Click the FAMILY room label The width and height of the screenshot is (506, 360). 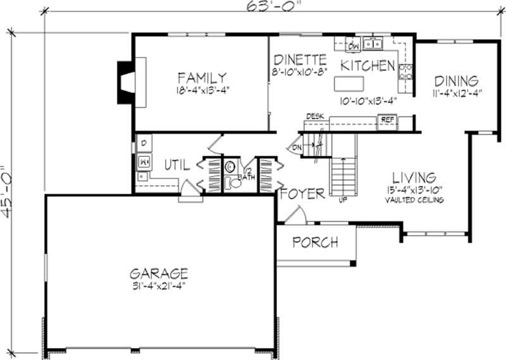pos(202,77)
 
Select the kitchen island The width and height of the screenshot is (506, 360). pos(350,83)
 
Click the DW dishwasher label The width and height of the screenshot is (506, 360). pos(354,46)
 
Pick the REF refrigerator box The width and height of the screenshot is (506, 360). pos(386,118)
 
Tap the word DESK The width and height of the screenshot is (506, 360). pos(314,116)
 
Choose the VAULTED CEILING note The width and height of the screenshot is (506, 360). pos(414,200)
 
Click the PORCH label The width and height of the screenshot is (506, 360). pos(314,242)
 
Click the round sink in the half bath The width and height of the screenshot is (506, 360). pos(230,167)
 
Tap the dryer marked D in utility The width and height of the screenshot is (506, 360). pos(143,143)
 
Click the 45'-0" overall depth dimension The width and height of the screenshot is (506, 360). pos(8,192)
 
